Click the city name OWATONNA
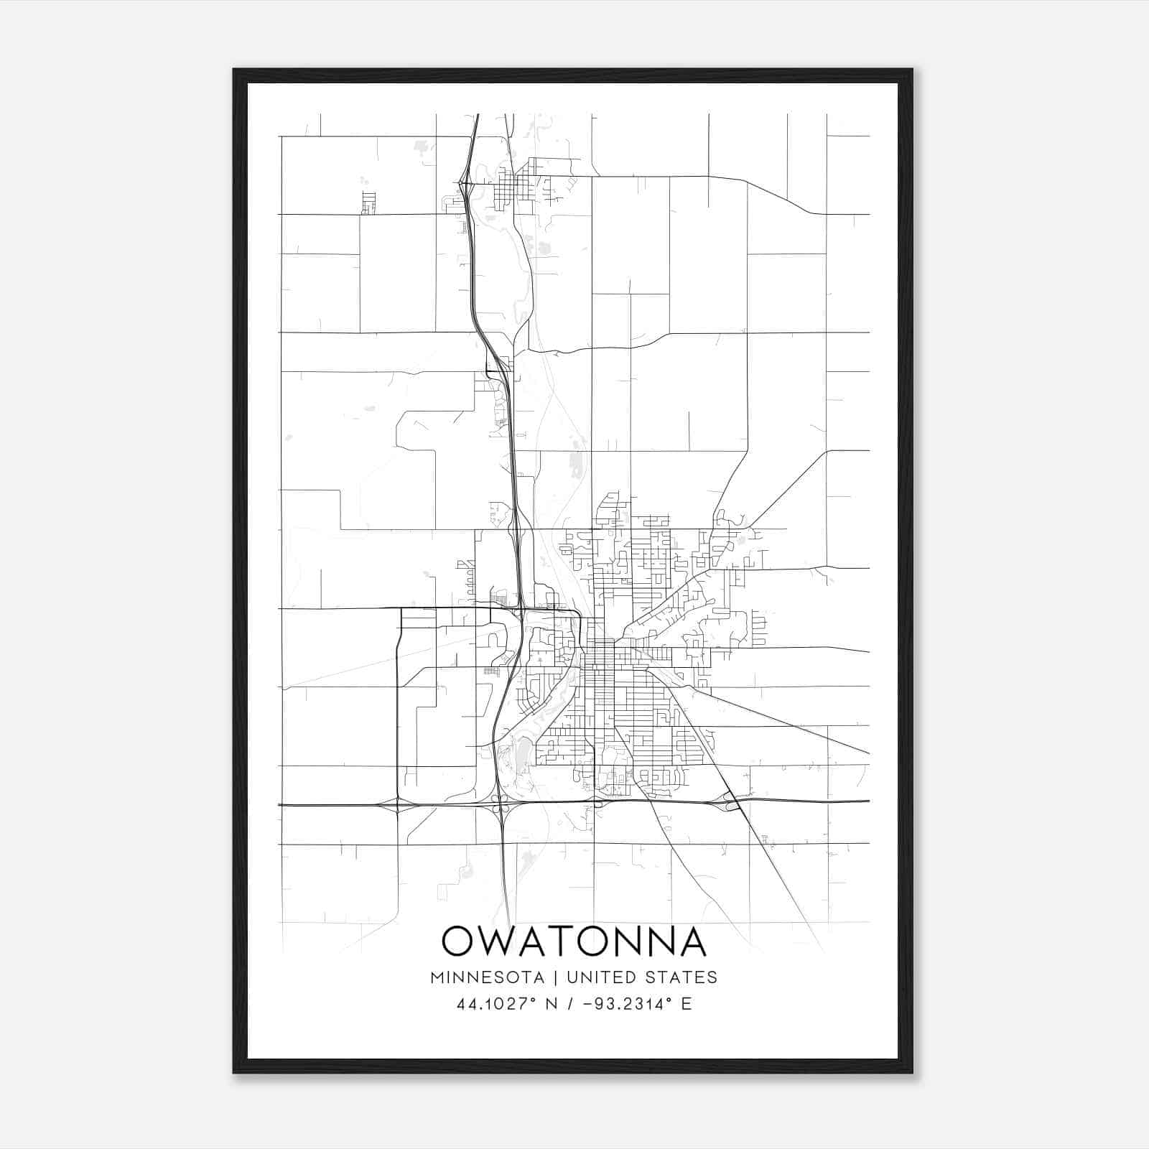coord(574,941)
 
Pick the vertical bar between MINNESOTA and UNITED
coord(560,977)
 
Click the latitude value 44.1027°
coord(496,1004)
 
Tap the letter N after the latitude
coord(552,1004)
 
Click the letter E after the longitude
coord(687,1004)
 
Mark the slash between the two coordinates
coord(569,1004)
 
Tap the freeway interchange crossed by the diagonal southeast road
coord(731,800)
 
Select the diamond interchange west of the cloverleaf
coord(397,805)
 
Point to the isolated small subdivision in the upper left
coord(369,203)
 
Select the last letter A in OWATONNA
coord(690,941)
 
